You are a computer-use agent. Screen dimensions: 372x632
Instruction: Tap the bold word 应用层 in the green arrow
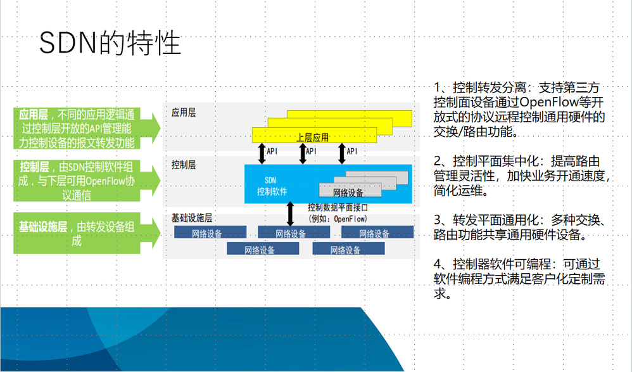click(34, 115)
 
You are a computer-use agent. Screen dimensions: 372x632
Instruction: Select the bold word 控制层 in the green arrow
click(34, 167)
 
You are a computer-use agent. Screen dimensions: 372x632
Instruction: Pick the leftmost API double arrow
click(262, 153)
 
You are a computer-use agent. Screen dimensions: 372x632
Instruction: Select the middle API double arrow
click(302, 153)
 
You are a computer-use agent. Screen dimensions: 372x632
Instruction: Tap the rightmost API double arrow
click(342, 153)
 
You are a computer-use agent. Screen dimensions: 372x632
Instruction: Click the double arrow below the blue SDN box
click(291, 214)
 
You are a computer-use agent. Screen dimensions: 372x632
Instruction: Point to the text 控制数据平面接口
click(338, 207)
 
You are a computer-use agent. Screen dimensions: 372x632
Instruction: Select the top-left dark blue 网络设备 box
click(206, 233)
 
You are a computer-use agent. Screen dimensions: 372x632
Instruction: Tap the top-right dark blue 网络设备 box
click(374, 233)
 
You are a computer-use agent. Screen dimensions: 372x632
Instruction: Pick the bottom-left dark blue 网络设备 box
click(260, 250)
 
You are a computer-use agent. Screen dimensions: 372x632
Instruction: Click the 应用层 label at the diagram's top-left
click(184, 113)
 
